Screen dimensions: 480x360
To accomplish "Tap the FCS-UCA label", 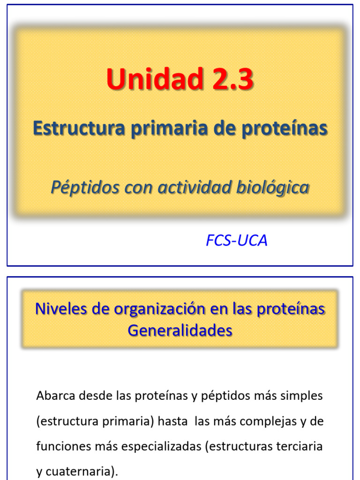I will [x=237, y=240].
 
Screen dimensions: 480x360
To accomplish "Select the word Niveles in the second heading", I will [x=58, y=309].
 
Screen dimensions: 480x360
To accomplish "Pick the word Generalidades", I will [x=180, y=330].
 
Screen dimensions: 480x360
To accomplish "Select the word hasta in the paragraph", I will [x=173, y=421].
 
